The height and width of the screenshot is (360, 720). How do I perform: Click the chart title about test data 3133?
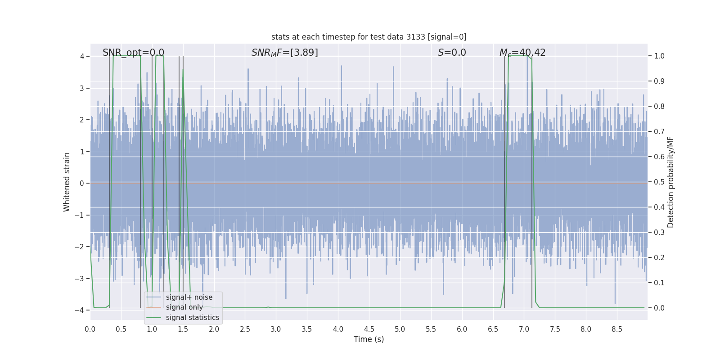[x=369, y=37]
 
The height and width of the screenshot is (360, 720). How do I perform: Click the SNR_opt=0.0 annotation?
[x=133, y=53]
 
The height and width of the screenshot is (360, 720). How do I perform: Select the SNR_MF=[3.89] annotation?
[x=284, y=53]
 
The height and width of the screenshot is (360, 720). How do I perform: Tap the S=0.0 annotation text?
[x=452, y=53]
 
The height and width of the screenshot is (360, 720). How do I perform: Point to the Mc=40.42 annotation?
[x=522, y=53]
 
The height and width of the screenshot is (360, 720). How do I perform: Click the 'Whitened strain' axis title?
[x=67, y=182]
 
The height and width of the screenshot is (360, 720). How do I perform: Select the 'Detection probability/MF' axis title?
[x=670, y=182]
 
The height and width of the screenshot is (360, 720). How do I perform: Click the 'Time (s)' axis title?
[x=369, y=339]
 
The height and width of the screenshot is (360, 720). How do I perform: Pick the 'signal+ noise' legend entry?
[x=189, y=297]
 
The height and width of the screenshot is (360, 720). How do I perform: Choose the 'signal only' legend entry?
[x=184, y=307]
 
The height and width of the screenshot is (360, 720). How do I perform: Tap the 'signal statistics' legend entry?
[x=192, y=318]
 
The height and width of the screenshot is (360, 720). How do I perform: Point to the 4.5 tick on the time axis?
[x=369, y=329]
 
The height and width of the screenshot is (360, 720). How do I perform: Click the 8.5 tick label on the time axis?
[x=616, y=329]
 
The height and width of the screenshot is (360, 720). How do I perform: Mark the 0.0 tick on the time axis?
[x=90, y=329]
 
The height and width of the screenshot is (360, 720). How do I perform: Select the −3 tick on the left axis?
[x=79, y=279]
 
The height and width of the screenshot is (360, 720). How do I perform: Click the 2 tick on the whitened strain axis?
[x=82, y=120]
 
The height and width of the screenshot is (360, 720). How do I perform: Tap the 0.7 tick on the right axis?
[x=659, y=132]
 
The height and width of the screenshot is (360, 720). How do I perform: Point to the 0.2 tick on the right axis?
[x=659, y=258]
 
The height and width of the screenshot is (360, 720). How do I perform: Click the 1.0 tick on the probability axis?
[x=659, y=56]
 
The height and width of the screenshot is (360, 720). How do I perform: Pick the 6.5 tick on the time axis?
[x=493, y=329]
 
